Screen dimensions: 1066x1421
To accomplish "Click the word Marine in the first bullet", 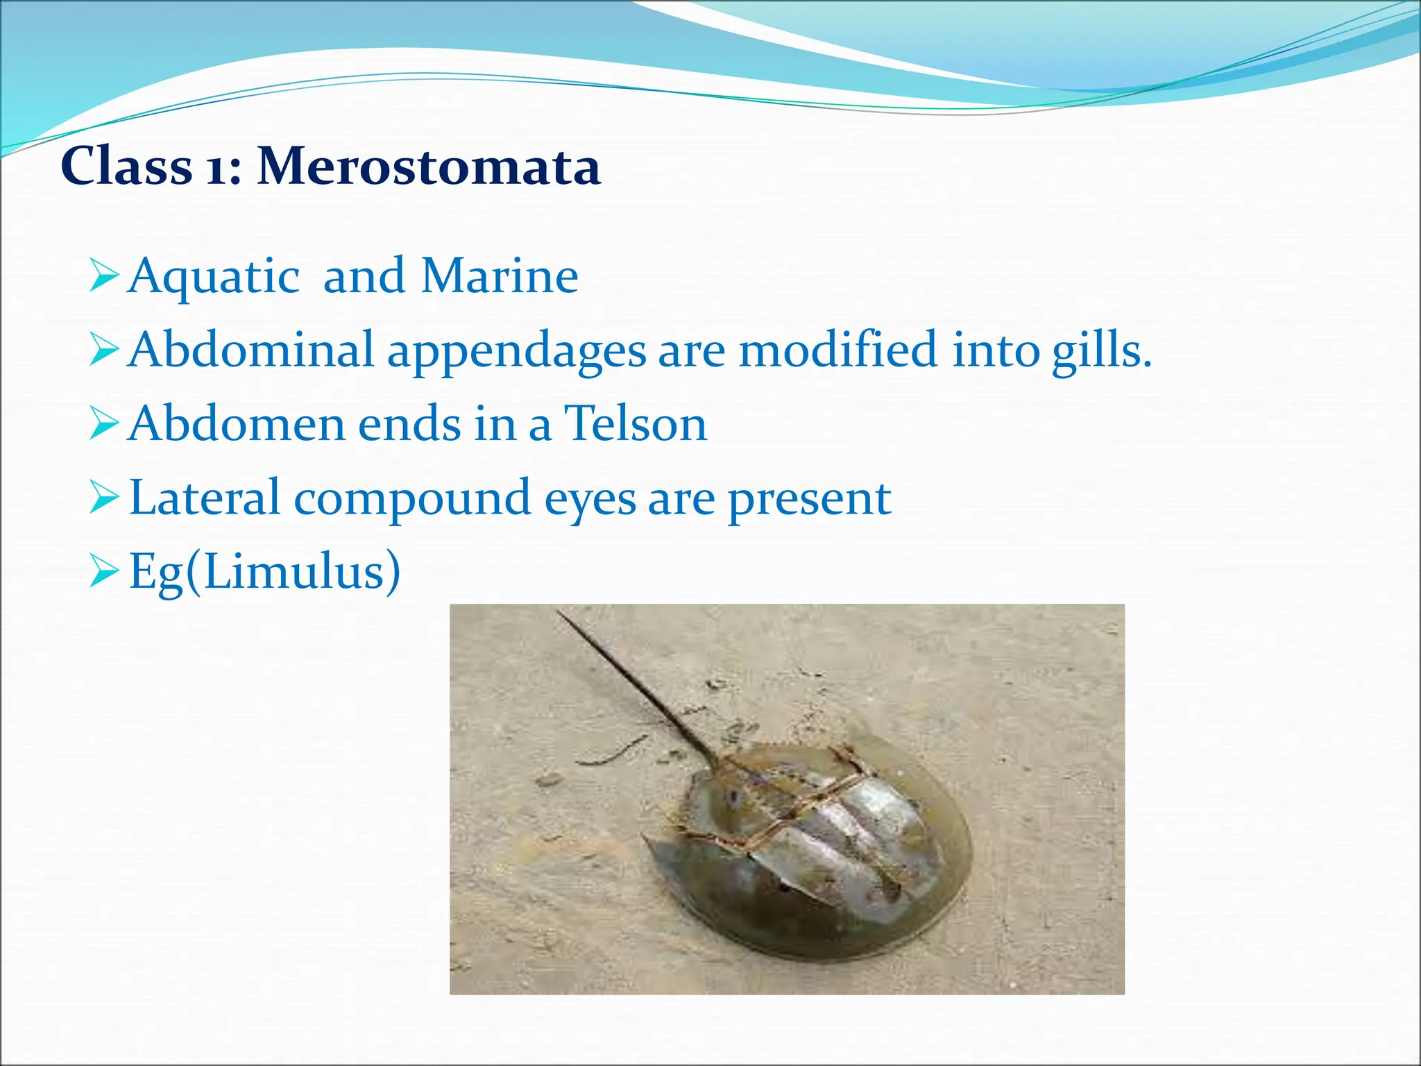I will click(500, 276).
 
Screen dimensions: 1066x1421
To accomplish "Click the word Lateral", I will click(204, 498).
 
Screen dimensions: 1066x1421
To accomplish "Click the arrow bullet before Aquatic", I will click(104, 276).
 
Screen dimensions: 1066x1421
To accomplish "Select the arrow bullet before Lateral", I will click(104, 498).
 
